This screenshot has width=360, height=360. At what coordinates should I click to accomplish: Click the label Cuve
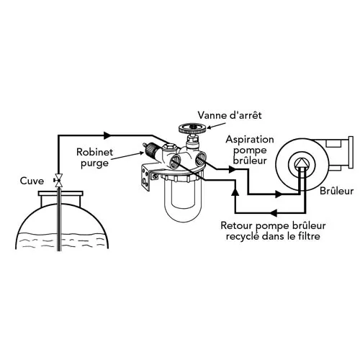[x=32, y=181]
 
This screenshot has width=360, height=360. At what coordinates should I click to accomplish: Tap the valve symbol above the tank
[x=58, y=180]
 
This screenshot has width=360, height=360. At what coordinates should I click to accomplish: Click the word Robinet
[x=94, y=152]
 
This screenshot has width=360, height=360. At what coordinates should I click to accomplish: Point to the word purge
[x=94, y=163]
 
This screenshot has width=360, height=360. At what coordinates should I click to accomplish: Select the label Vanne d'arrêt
[x=230, y=115]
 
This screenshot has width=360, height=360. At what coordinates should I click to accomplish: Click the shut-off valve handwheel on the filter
[x=192, y=128]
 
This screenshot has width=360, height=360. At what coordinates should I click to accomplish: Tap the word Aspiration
[x=250, y=140]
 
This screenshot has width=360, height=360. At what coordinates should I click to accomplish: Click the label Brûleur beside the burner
[x=337, y=191]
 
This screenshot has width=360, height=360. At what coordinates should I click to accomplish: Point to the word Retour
[x=236, y=225]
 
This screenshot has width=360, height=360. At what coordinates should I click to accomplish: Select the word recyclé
[x=243, y=237]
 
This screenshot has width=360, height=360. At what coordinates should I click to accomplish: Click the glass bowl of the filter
[x=183, y=201]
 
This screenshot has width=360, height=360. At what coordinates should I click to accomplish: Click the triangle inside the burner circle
[x=300, y=163]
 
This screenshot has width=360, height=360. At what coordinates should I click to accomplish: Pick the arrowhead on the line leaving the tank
[x=107, y=135]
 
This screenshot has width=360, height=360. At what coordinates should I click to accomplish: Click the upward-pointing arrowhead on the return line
[x=235, y=192]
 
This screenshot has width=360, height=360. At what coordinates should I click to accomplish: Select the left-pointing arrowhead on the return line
[x=274, y=212]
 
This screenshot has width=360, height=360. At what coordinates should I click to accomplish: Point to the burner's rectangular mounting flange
[x=351, y=152]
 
